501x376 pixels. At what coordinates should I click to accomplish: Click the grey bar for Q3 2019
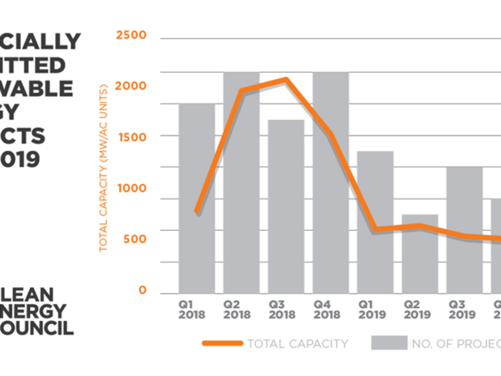[x=464, y=230]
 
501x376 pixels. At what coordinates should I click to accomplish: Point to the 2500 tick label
[x=131, y=35]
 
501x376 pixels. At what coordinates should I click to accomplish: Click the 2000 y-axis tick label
[x=131, y=86]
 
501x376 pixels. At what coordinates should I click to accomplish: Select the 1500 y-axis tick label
[x=131, y=137]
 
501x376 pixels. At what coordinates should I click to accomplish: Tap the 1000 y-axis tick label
[x=131, y=188]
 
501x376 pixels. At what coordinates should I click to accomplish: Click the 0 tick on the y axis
[x=142, y=290]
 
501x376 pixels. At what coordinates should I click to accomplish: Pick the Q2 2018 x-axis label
[x=237, y=309]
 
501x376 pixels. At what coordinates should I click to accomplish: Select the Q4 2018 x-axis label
[x=326, y=309]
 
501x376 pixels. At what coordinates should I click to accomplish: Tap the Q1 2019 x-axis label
[x=371, y=309]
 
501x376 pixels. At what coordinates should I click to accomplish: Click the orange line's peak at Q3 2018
[x=286, y=79]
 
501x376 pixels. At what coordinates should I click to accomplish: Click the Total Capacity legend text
[x=298, y=344]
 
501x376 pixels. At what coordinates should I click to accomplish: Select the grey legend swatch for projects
[x=389, y=343]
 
